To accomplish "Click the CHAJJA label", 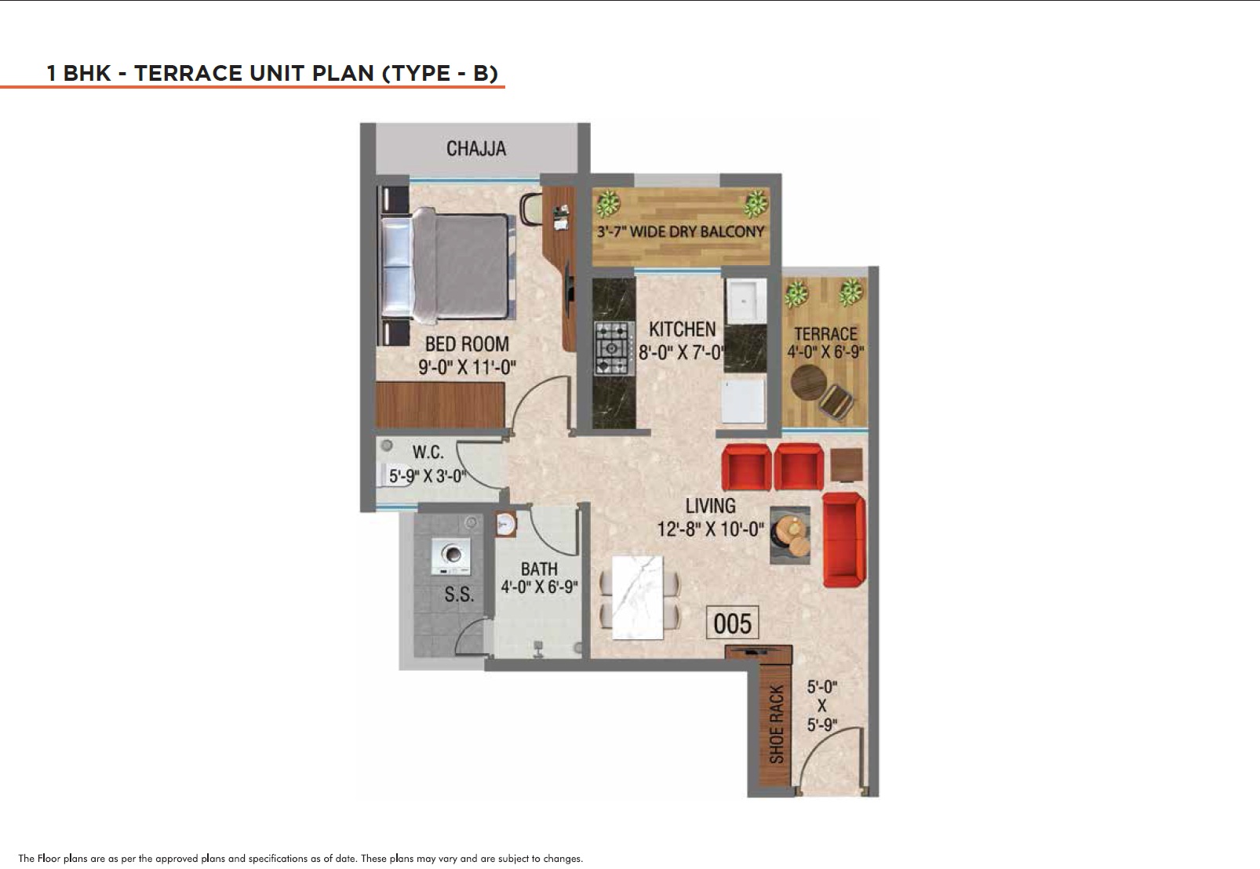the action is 476,148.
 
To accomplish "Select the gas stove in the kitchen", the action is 613,347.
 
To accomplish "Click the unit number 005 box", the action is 732,623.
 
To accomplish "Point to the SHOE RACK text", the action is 776,725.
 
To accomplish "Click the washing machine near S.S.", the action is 450,556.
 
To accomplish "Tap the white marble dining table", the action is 637,598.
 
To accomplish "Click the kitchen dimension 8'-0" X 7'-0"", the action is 683,353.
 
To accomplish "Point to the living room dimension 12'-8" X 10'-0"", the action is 711,529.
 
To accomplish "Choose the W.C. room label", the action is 428,453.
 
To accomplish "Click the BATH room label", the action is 539,569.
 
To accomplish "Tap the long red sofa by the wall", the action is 843,540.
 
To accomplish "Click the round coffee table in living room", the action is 790,535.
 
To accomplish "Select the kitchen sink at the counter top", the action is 745,301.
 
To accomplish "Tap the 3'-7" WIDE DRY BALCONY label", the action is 681,231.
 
